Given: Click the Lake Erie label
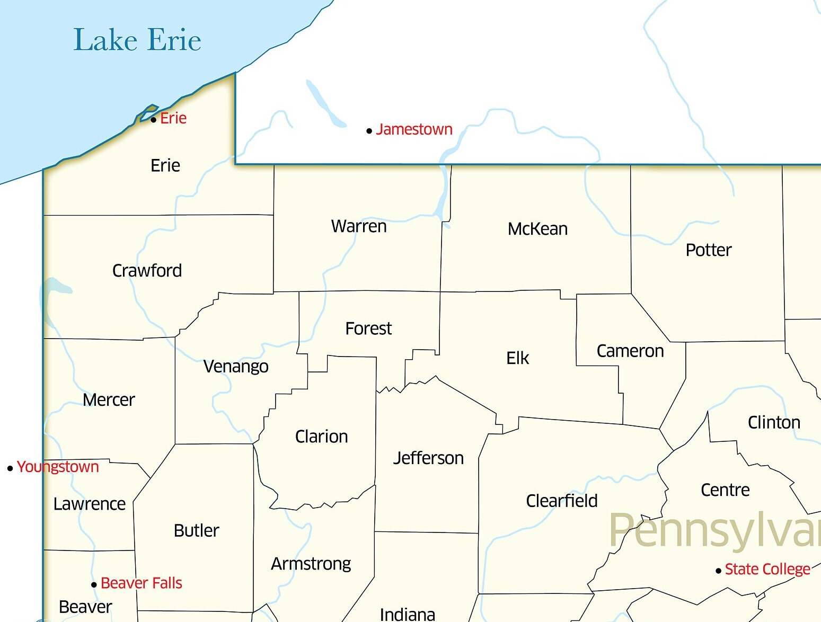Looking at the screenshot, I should coord(137,40).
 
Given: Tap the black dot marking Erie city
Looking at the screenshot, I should coord(153,120).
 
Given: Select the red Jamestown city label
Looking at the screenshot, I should coord(414,129).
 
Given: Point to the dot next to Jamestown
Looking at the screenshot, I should coord(369,131).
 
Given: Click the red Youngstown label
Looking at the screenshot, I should coord(58,467).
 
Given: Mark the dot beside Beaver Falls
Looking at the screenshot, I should coord(94,585).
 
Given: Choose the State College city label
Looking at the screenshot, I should coord(767,569).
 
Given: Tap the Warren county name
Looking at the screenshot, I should coord(359,226).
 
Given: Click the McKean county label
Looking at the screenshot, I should coord(537,229).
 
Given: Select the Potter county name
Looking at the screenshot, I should coord(708,250).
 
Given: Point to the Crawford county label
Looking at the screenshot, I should coord(147,271).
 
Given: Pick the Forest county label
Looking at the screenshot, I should coord(368,328).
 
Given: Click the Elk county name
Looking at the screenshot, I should coord(517,358).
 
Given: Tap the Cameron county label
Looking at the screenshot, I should coord(630,351).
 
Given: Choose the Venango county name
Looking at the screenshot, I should coord(236,366).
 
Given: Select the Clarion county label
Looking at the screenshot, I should coord(321,437).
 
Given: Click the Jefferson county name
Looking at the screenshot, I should coord(428,458).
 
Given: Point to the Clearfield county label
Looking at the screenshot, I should coord(561,501).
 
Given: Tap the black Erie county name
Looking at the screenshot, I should coord(165,166).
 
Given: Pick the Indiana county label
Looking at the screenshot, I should coord(407,614).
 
